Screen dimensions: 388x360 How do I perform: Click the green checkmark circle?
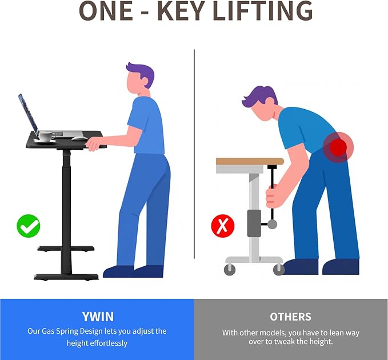(28, 226)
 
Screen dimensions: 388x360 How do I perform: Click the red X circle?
(223, 226)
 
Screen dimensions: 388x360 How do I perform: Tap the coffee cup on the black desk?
(46, 137)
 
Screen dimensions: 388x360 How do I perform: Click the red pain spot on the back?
(338, 147)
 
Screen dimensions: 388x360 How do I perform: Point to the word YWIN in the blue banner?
(98, 317)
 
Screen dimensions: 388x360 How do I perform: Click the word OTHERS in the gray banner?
(290, 317)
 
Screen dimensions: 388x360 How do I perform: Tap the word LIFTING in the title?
(262, 11)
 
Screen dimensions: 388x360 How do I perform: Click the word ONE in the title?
(106, 11)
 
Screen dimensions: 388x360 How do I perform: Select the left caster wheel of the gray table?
(230, 270)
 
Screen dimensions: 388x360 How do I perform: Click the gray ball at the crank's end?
(272, 224)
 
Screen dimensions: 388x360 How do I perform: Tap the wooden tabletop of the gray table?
(250, 162)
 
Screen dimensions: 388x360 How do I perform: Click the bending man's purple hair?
(260, 96)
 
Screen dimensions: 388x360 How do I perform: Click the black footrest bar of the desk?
(66, 249)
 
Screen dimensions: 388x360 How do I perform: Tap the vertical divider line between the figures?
(194, 154)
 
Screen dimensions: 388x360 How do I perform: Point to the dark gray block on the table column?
(254, 223)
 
